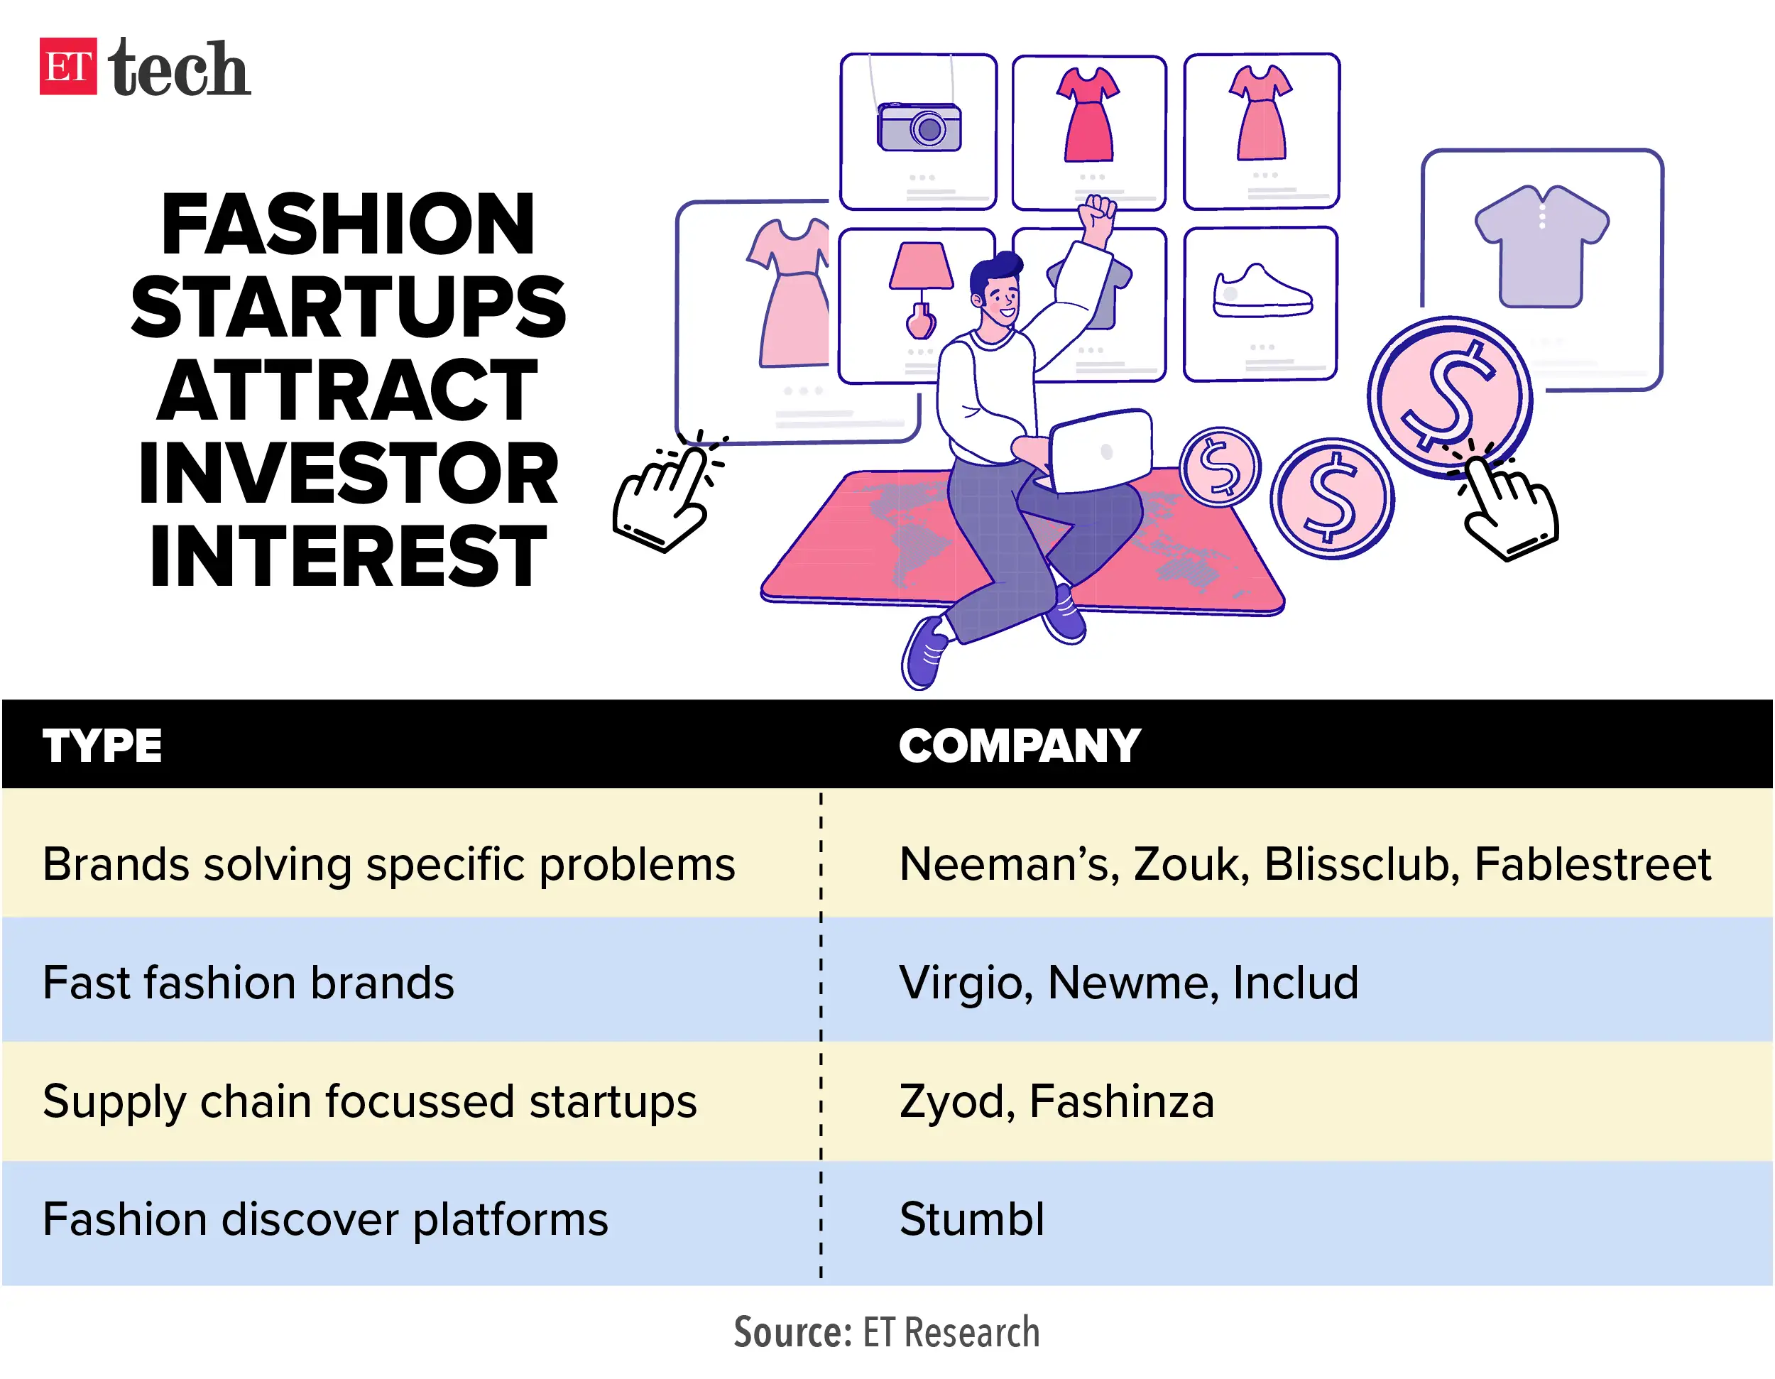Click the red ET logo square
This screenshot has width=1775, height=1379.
[68, 66]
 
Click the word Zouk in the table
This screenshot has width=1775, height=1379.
[1191, 863]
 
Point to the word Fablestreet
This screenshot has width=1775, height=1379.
[1592, 863]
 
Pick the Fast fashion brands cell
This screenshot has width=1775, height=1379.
[248, 983]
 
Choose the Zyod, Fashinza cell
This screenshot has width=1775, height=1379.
[1056, 1102]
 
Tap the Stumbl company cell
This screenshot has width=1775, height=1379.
[972, 1220]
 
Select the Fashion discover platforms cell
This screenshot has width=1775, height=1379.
[325, 1221]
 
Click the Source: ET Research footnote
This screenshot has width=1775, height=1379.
[887, 1333]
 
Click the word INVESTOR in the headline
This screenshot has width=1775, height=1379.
[349, 473]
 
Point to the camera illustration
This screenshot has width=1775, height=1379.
[919, 128]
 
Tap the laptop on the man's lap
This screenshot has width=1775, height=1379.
[1101, 451]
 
